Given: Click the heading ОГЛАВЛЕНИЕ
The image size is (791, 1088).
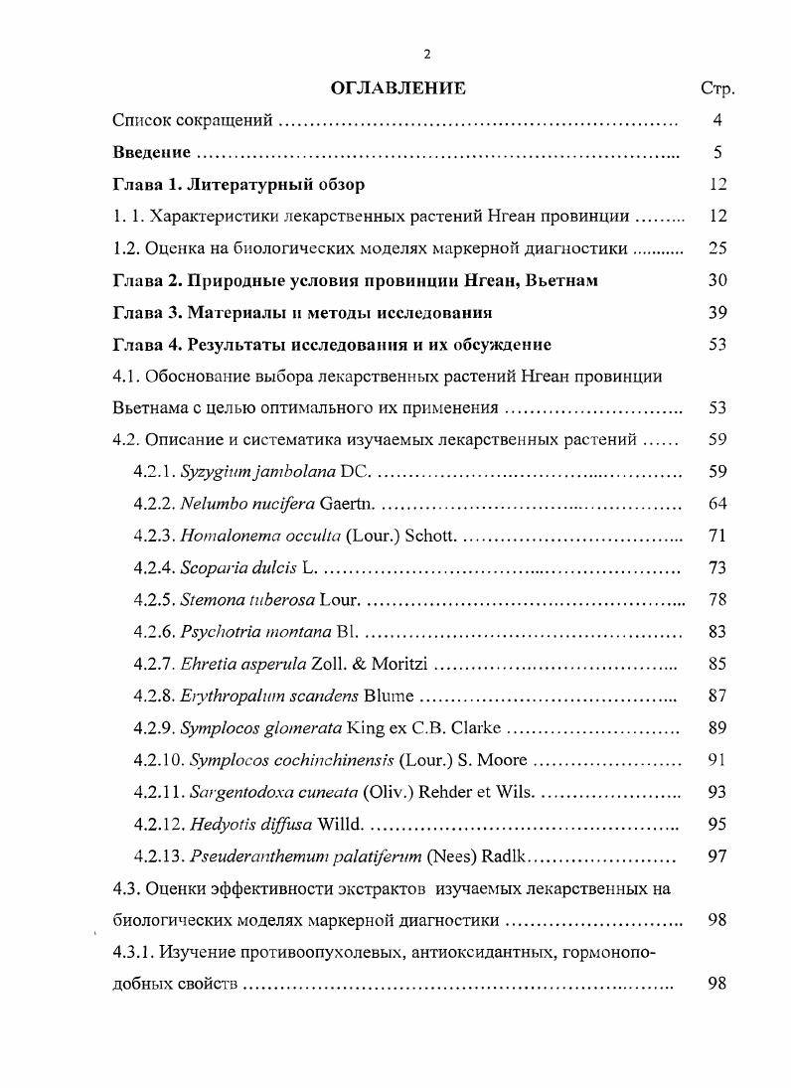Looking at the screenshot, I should pos(397,89).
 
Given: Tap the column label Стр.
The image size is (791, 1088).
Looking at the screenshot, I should pos(717,89).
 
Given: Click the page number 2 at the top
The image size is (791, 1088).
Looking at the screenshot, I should pos(427,54).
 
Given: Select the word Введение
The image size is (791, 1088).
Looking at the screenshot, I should pos(151,153).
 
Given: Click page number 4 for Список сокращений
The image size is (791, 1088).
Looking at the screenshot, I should pos(717,121).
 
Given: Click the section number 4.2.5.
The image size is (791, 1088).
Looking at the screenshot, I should pos(154,600).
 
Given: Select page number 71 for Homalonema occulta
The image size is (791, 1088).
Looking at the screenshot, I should pos(717,536).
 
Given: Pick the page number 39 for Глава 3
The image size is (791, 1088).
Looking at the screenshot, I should pos(717,313).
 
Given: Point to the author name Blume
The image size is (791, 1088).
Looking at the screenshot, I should pos(390,696).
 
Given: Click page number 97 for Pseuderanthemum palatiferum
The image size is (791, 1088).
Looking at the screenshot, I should pos(717,855).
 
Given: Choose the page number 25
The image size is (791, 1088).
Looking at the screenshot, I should pos(717,248).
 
